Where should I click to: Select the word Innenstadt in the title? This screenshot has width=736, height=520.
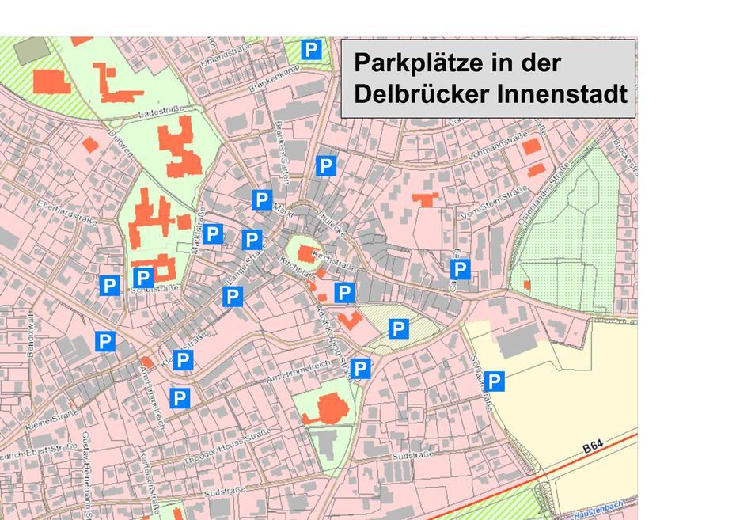point(563,93)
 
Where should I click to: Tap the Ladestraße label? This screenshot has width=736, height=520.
point(161,114)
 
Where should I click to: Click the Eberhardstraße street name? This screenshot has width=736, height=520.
point(67,212)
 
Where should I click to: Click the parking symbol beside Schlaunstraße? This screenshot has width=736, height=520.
point(495,381)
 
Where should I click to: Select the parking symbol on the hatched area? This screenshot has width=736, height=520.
point(398,328)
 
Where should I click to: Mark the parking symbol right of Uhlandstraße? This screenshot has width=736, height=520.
point(312,51)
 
